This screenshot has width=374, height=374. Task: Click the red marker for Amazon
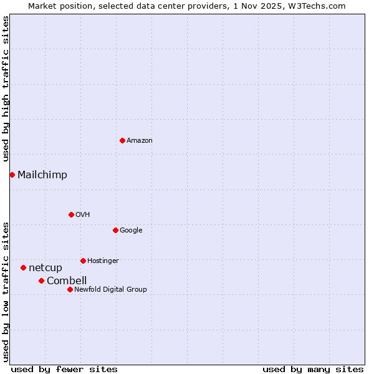pyautogui.click(x=122, y=140)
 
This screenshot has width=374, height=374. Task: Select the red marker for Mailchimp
pyautogui.click(x=12, y=175)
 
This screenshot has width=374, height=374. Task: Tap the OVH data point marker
pyautogui.click(x=71, y=214)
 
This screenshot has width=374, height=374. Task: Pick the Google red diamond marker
pyautogui.click(x=115, y=230)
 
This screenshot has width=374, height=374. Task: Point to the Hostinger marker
pyautogui.click(x=83, y=261)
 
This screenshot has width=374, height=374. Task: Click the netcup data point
pyautogui.click(x=23, y=267)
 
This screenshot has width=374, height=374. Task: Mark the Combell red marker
pyautogui.click(x=41, y=280)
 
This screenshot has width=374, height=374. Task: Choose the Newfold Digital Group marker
pyautogui.click(x=70, y=289)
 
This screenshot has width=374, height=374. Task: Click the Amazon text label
pyautogui.click(x=140, y=141)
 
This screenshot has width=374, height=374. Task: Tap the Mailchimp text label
pyautogui.click(x=42, y=175)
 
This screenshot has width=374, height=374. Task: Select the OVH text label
pyautogui.click(x=83, y=215)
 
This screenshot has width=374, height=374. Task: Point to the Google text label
pyautogui.click(x=131, y=231)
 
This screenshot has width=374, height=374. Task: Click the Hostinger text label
pyautogui.click(x=103, y=261)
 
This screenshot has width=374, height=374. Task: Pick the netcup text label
pyautogui.click(x=46, y=268)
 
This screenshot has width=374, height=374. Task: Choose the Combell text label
pyautogui.click(x=67, y=281)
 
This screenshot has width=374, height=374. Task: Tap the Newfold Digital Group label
pyautogui.click(x=110, y=290)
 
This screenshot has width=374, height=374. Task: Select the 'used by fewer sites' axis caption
pyautogui.click(x=64, y=369)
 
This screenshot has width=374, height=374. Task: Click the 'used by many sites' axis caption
pyautogui.click(x=313, y=369)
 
